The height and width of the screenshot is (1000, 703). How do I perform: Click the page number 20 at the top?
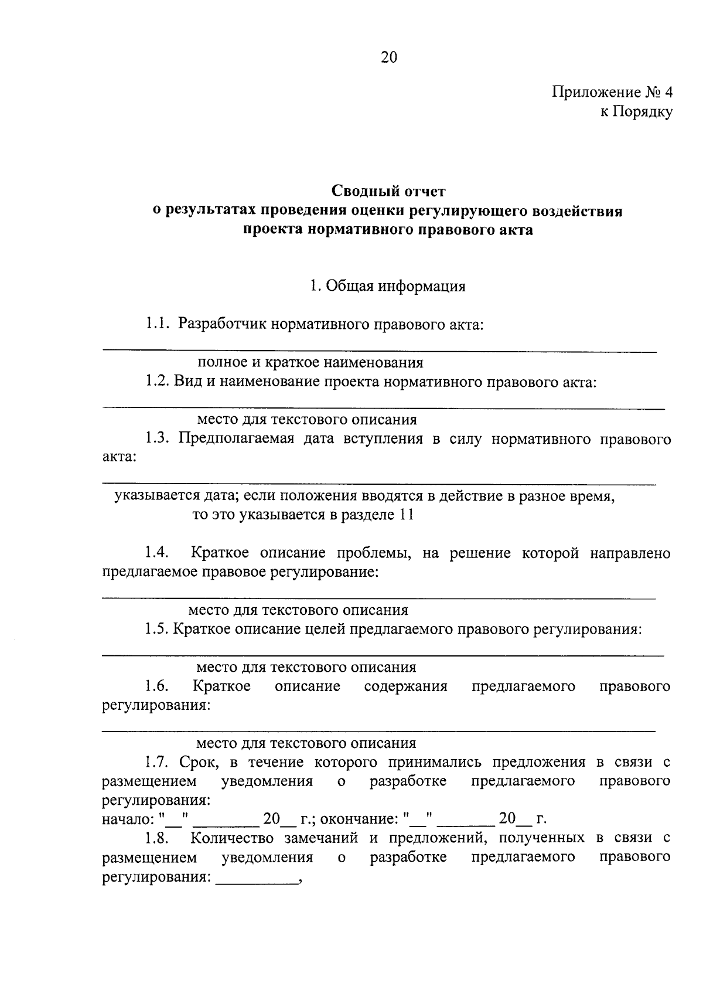point(388,57)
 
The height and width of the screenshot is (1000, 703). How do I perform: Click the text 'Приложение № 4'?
point(612,93)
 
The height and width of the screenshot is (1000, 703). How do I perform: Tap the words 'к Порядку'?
point(636,111)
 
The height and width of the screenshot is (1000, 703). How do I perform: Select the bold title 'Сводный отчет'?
point(388,191)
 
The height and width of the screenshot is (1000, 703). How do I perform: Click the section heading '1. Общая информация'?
point(388,286)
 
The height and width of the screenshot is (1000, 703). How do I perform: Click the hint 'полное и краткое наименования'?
point(310,362)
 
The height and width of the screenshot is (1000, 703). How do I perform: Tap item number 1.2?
point(157,382)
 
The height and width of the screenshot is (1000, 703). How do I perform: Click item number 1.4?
point(157,553)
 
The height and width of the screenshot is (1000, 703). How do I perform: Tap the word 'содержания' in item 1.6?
point(405,686)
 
